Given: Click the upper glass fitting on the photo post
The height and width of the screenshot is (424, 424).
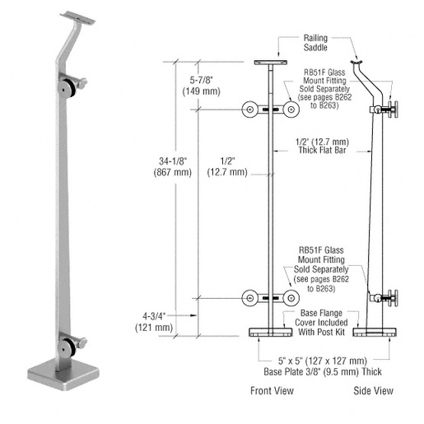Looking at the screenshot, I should [x=72, y=86].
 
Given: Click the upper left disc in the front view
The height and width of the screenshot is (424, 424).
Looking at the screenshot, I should [x=249, y=109].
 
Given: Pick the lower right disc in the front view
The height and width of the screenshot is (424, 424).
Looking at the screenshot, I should [x=291, y=297].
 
